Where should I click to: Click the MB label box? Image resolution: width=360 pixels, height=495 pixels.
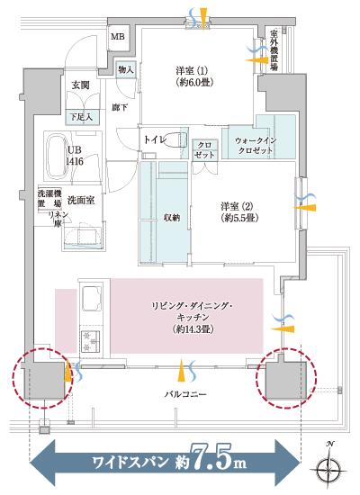pos(118,37)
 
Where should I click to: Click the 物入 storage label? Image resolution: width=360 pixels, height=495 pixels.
pos(126,69)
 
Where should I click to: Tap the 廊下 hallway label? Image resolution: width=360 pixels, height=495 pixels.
pos(120,108)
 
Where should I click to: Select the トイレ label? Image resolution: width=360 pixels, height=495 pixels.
pos(154,141)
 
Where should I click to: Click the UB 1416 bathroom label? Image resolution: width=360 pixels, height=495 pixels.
pos(76,156)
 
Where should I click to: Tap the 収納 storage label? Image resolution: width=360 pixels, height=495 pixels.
pos(172,217)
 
